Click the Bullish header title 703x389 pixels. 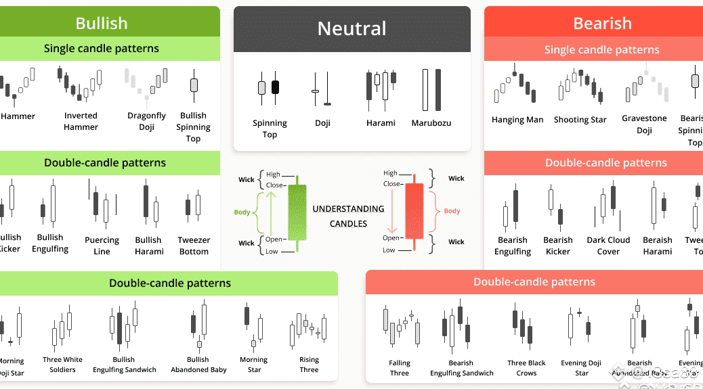pyautogui.click(x=102, y=23)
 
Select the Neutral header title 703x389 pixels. pyautogui.click(x=351, y=28)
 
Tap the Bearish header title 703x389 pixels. pyautogui.click(x=602, y=23)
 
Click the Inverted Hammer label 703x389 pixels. pyautogui.click(x=81, y=121)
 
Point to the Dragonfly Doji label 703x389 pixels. pyautogui.click(x=146, y=121)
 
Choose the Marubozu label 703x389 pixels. pyautogui.click(x=431, y=123)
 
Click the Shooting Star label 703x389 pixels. pyautogui.click(x=580, y=120)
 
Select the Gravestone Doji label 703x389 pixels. pyautogui.click(x=644, y=124)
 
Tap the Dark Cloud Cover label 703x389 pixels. pyautogui.click(x=608, y=246)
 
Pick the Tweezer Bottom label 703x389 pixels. pyautogui.click(x=194, y=246)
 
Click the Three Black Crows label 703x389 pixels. pyautogui.click(x=526, y=368)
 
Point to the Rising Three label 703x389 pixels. pyautogui.click(x=309, y=365)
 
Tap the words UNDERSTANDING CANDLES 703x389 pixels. pyautogui.click(x=348, y=216)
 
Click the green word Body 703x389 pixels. pyautogui.click(x=242, y=212)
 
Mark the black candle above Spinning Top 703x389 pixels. pyautogui.click(x=275, y=87)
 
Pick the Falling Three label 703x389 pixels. pyautogui.click(x=400, y=368)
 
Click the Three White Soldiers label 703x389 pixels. pyautogui.click(x=62, y=365)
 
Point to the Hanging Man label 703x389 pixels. pyautogui.click(x=517, y=120)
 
